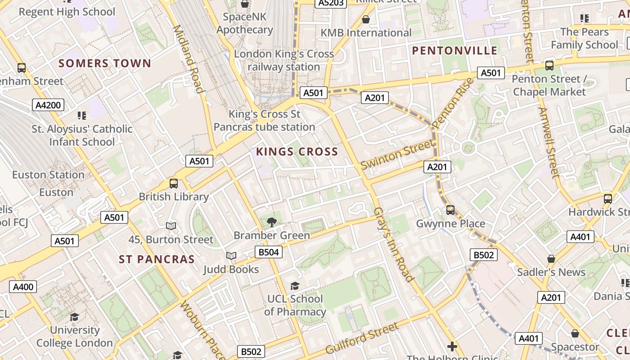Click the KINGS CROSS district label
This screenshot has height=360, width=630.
point(297,152)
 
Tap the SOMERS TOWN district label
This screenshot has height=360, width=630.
point(105,63)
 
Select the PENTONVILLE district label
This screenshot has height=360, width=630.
point(455,50)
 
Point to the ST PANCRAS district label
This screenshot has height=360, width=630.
point(157,259)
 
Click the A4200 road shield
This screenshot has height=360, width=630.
point(49,105)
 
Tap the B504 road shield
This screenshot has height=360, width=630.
point(269,252)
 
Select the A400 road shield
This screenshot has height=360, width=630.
point(23,287)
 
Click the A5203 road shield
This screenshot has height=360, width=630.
point(331,3)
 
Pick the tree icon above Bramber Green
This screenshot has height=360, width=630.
point(271,221)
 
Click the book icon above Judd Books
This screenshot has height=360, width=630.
point(231,256)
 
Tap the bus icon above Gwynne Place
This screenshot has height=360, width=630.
point(450,210)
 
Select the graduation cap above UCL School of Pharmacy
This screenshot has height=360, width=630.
point(295,286)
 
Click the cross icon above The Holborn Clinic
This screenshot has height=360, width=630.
point(452,346)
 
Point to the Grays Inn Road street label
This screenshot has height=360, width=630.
point(393,244)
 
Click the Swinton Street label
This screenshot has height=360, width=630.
point(398,154)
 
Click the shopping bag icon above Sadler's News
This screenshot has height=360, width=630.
point(551,259)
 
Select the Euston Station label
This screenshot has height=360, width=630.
point(48,175)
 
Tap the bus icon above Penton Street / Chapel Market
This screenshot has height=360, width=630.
point(549,66)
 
